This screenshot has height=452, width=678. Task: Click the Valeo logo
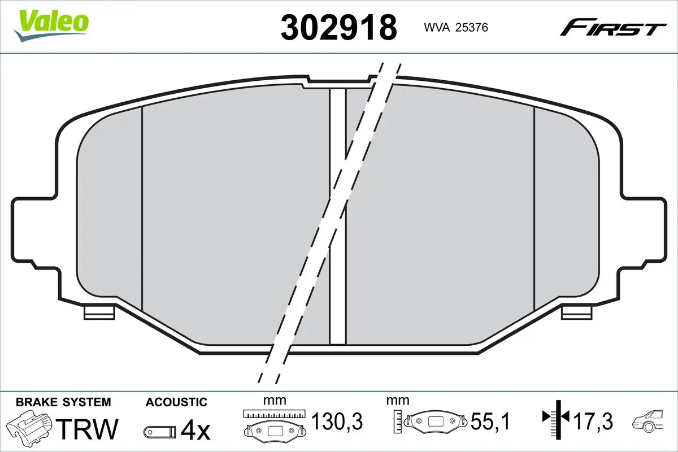click(51, 26)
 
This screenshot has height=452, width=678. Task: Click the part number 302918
click(338, 28)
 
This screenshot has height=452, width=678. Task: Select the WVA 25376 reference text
click(456, 28)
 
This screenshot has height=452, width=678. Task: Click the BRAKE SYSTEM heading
click(63, 402)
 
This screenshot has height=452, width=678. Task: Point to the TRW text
click(87, 429)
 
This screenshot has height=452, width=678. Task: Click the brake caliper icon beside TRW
click(31, 426)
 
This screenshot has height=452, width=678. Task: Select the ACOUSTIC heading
click(176, 402)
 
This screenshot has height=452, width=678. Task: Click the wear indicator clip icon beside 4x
click(160, 432)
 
